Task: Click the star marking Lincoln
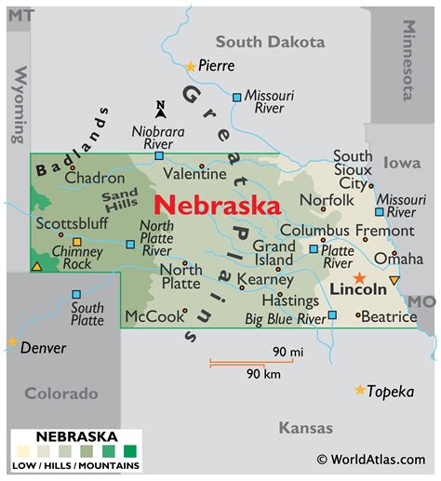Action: (x=359, y=277)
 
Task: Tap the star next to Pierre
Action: (x=191, y=66)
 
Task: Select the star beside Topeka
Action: (x=360, y=390)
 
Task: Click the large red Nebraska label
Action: (x=217, y=204)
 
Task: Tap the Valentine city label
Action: (x=194, y=173)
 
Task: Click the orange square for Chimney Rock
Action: (x=77, y=242)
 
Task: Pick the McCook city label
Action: (x=154, y=316)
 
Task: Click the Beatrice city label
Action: (x=389, y=316)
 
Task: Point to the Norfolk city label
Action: (x=327, y=200)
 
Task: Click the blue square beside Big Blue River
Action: (x=332, y=315)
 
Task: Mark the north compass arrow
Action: (x=160, y=110)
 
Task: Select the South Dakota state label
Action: (x=270, y=42)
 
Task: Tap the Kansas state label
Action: (x=305, y=428)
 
